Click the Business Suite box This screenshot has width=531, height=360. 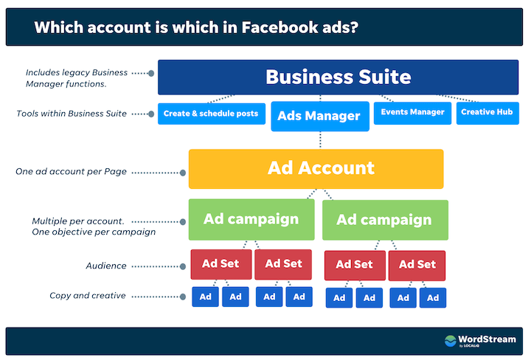pos(338,77)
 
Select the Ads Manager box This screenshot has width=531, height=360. pos(319,116)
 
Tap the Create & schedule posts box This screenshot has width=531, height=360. pos(211,113)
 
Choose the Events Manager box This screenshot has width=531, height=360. pos(412,112)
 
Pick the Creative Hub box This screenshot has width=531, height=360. pos(487,112)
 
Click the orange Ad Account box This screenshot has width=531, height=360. pos(316,168)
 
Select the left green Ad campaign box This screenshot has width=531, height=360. pos(251,219)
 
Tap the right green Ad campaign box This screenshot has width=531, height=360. pos(384,220)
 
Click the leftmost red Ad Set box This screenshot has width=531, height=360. pos(220,263)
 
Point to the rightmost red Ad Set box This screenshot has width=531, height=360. pos(417,264)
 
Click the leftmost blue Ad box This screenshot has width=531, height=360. pos(206,297)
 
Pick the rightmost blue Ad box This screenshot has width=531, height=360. pos(433,298)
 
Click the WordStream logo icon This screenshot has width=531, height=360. pos(450,341)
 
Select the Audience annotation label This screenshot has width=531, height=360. pos(105,266)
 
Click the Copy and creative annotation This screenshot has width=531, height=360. pos(87,296)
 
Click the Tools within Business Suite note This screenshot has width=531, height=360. pos(71,113)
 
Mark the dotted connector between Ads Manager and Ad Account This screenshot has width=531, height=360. pos(319,140)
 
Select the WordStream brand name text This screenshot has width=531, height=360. pos(485,339)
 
